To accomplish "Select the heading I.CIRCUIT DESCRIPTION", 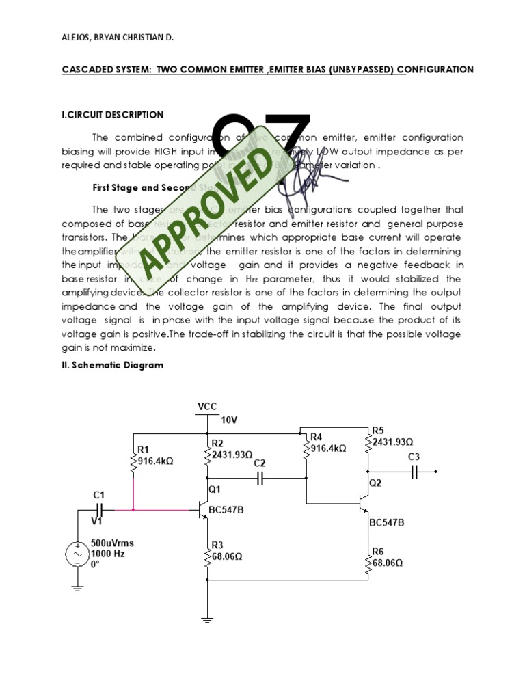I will coord(113,115).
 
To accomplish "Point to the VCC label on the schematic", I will coord(207,406).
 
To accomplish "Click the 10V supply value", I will coord(230,420).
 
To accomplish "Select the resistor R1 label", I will coord(144,449).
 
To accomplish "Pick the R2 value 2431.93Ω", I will coord(232,454).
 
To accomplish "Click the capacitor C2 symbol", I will coord(259,479).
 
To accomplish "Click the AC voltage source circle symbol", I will coord(77,554).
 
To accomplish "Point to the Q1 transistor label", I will coord(215,489).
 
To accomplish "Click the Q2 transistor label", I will coord(375,483).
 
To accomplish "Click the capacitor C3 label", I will coord(414,456).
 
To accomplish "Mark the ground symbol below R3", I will coord(207,621).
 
